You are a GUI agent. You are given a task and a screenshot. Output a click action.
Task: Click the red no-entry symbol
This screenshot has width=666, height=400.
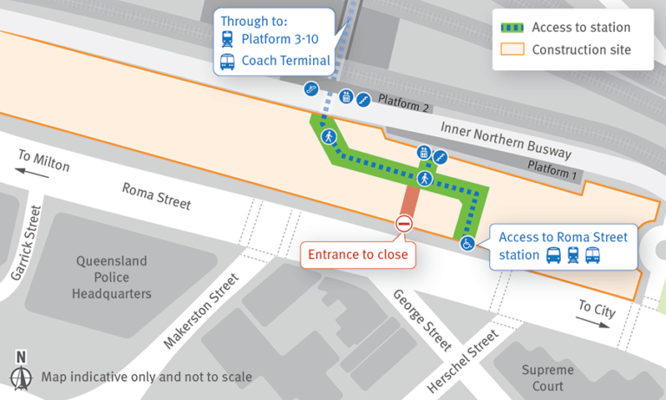point(403,225)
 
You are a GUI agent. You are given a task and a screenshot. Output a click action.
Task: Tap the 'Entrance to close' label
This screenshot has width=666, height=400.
point(357,254)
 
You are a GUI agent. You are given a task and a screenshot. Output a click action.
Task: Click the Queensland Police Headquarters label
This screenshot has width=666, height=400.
point(113,277)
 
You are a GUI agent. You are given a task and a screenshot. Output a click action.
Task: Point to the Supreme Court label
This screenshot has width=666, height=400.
point(547,377)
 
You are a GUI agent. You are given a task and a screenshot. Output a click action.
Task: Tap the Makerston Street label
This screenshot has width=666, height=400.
point(200,310)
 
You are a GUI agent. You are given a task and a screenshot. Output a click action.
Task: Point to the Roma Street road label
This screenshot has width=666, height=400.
point(156,195)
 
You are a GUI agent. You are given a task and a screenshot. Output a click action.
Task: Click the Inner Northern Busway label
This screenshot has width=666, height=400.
point(506,141)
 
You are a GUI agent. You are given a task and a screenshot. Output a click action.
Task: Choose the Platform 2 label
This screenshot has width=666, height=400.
point(404,103)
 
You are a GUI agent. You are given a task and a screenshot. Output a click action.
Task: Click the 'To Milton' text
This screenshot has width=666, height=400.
point(42,160)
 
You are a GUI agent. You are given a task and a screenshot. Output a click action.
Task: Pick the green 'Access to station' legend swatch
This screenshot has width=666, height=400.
point(511,28)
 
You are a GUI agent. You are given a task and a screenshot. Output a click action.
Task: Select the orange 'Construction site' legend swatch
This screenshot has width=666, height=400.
point(511,49)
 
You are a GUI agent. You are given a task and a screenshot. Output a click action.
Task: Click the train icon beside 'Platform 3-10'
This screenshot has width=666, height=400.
point(228,39)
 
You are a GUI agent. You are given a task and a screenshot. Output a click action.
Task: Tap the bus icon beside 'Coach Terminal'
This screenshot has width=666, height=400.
point(228,61)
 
